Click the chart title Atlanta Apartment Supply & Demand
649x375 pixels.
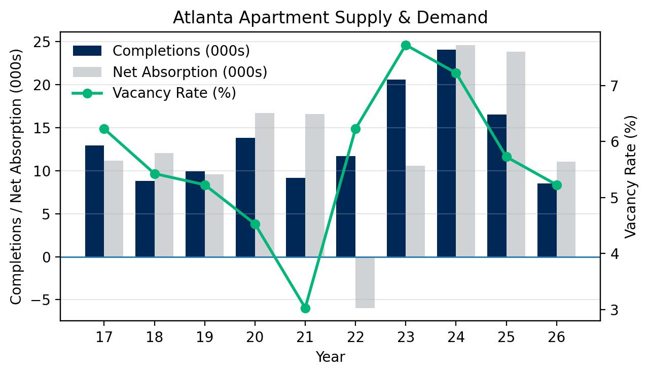coord(330,17)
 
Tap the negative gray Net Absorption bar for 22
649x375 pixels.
coord(365,282)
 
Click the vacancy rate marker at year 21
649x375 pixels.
coord(305,308)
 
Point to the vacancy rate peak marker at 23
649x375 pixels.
coord(406,46)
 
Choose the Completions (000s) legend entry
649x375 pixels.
coord(181,51)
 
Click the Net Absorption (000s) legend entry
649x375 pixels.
coord(190,72)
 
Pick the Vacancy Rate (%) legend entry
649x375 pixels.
coord(174,93)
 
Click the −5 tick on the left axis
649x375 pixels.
coord(45,300)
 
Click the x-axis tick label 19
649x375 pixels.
coord(204,337)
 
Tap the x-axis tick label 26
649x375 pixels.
coord(556,337)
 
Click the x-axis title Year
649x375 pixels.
coord(330,357)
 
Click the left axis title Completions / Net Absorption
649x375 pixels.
coord(17,177)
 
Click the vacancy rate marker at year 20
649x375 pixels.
coord(255,224)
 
